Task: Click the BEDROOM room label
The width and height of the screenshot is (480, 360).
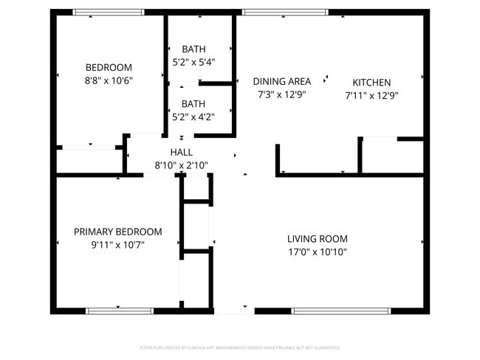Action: [x=109, y=67]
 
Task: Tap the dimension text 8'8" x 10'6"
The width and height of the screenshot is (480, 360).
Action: [x=109, y=80]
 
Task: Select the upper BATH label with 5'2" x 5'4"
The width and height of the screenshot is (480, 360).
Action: [x=193, y=49]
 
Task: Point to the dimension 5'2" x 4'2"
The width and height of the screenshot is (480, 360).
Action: [x=193, y=116]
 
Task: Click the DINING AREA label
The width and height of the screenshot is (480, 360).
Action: [x=281, y=82]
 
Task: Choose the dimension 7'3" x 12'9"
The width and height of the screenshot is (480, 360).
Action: [x=281, y=94]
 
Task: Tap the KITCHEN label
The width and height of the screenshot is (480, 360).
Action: [x=371, y=83]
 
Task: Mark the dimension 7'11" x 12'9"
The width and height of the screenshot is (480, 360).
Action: [x=371, y=95]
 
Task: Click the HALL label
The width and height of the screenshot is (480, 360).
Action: [x=181, y=152]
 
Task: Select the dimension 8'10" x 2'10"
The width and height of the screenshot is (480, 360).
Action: [x=181, y=165]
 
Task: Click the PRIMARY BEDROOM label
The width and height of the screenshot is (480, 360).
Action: [x=117, y=232]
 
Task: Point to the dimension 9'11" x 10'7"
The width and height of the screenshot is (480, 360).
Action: [x=117, y=244]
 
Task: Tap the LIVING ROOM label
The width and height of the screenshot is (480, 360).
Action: [x=317, y=239]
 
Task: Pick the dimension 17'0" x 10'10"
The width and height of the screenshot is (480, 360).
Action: [x=317, y=252]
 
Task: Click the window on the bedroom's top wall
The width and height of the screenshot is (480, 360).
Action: [x=109, y=13]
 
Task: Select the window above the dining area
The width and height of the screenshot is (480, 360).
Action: [x=285, y=13]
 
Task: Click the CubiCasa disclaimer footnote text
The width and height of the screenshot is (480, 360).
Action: [x=239, y=347]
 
